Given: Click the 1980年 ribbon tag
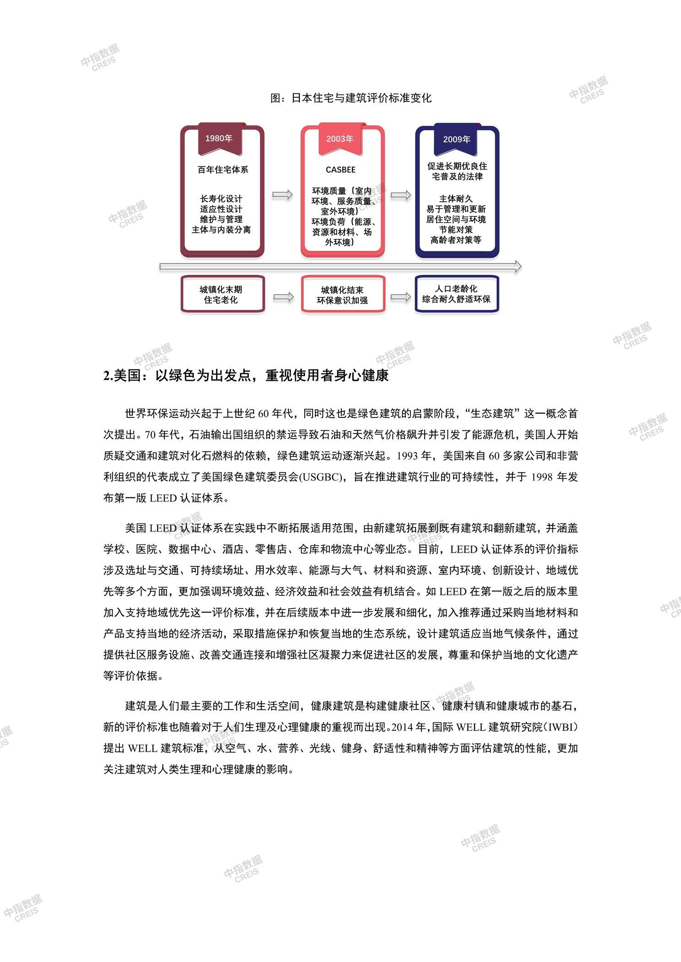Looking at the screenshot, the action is [220, 139].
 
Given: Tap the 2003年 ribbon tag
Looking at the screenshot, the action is [340, 139].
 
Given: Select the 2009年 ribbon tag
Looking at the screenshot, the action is [456, 139].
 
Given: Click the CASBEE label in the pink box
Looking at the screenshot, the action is [340, 170].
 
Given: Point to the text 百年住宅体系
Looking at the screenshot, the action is [223, 170].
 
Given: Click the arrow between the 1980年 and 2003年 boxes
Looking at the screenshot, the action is [282, 195].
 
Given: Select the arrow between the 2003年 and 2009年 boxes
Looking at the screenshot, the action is [401, 195].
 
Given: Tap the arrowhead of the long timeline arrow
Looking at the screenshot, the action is [518, 267].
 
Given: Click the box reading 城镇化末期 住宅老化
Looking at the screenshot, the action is [222, 294].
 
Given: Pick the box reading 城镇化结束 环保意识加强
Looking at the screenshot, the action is [343, 294].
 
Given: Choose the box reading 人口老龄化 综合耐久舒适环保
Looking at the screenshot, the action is [457, 294].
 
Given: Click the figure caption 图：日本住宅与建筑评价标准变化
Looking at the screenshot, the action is [351, 98].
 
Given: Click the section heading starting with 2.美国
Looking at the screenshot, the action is [246, 375].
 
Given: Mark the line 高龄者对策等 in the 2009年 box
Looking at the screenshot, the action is [456, 240].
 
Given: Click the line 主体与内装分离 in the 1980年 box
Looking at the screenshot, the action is [222, 230].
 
